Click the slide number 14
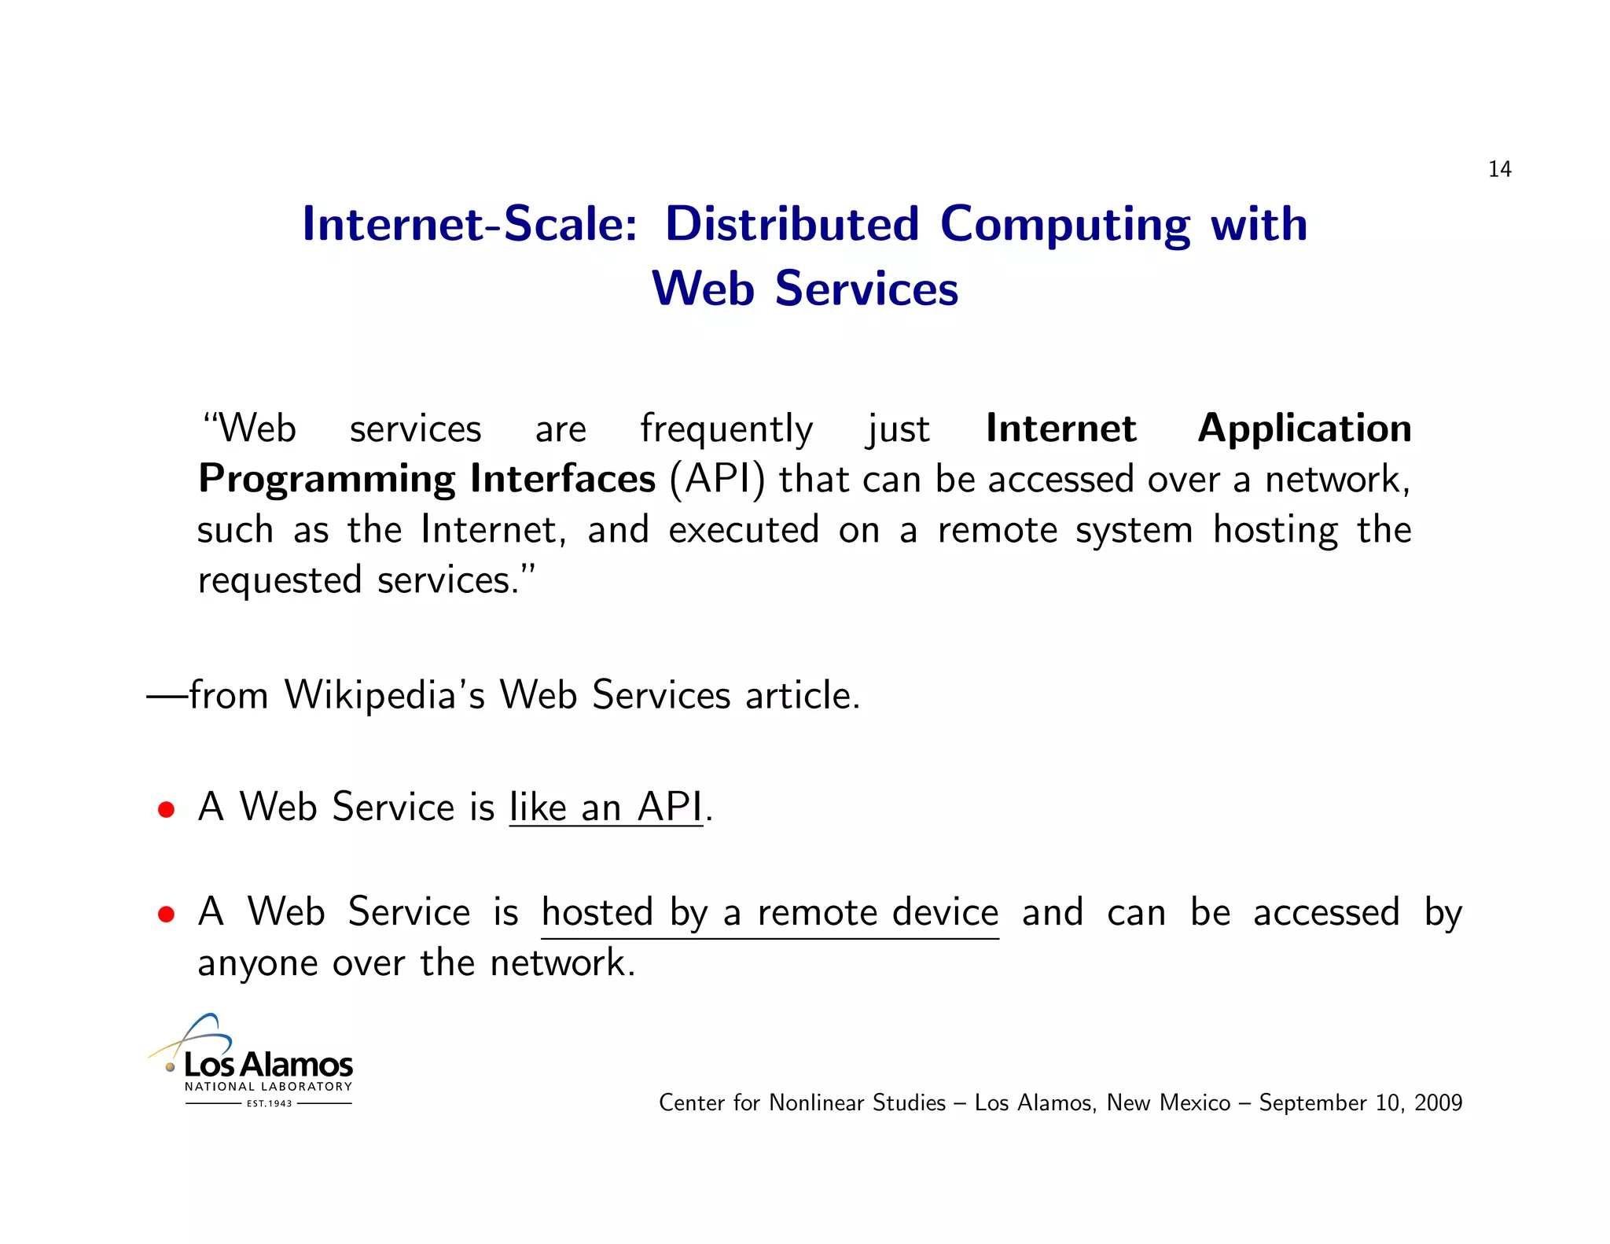coord(1499,170)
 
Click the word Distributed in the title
coord(792,224)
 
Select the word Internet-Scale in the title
coord(469,224)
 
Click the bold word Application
coord(1304,429)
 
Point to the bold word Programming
coord(326,480)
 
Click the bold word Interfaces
coord(562,479)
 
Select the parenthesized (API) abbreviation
coord(716,480)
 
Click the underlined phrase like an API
coord(605,808)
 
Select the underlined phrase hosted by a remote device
coord(770,913)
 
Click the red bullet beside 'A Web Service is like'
coord(166,810)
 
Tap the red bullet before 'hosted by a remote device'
coord(166,915)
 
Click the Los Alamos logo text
coord(268,1065)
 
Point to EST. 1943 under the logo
coord(269,1104)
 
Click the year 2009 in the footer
coord(1438,1103)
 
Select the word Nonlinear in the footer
coord(817,1103)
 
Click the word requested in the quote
coord(280,581)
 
